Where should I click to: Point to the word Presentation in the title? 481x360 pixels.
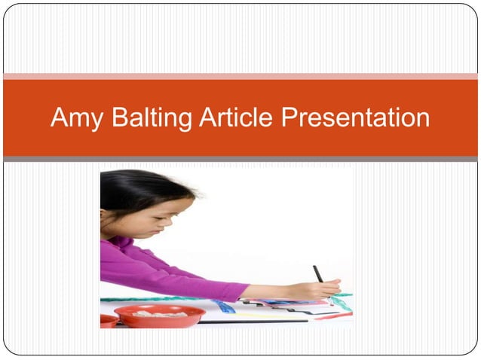355,117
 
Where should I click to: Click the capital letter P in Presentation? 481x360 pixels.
290,117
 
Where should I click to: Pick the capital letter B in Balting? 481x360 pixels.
118,117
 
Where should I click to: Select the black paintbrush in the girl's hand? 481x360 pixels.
318,273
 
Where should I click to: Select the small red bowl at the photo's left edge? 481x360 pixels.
108,321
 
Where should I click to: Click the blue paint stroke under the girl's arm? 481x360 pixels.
224,307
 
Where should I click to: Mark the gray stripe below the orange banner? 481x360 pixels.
240,159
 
